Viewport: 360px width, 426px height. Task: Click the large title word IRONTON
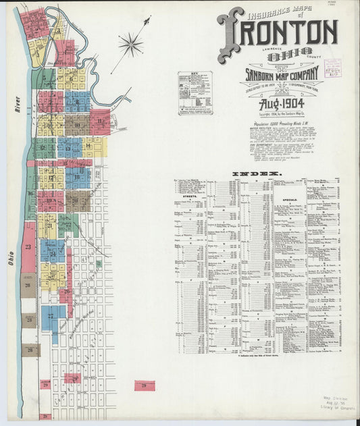click(278, 32)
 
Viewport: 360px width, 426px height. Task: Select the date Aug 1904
click(281, 103)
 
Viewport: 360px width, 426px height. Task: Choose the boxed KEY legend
click(195, 92)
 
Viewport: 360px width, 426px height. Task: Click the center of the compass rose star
click(131, 45)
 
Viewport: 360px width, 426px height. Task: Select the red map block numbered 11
click(101, 122)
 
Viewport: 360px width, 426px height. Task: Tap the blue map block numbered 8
click(78, 101)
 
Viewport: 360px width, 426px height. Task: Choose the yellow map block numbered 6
click(71, 78)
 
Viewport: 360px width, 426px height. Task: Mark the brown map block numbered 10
click(77, 125)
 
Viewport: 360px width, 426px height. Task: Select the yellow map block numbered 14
click(88, 146)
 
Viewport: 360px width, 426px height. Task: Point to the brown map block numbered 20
click(76, 201)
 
